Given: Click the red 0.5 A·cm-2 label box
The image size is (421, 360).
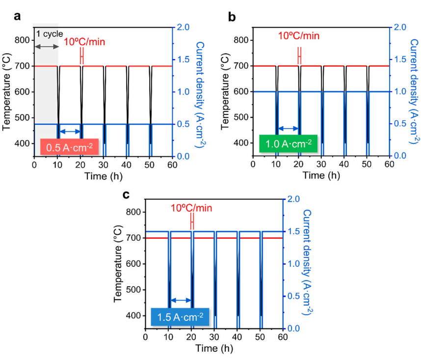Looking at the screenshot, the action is tap(70, 147).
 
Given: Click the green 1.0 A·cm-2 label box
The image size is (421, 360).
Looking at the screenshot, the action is tap(289, 143).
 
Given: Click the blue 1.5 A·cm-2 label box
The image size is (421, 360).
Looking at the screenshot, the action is tap(180, 317).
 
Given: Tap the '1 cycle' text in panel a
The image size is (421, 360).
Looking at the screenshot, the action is tap(50, 34).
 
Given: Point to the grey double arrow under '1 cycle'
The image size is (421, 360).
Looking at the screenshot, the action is tap(47, 47).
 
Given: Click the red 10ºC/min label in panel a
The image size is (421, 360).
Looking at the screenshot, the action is tap(84, 42).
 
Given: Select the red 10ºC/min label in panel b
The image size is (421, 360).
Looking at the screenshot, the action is tap(298, 36).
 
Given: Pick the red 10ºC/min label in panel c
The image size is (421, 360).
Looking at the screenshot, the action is tap(191, 208).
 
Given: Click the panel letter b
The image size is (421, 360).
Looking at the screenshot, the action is tap(232, 17).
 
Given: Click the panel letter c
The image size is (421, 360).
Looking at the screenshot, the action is tap(126, 194).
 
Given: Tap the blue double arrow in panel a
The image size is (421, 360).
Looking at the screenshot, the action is tap(70, 131).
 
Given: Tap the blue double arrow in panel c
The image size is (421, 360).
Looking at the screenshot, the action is tap(181, 300).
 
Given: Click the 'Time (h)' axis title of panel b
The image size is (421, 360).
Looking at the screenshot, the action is tap(321, 175).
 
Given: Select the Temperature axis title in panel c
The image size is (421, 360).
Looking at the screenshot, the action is tap(118, 264).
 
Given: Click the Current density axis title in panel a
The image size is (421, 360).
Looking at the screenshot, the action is tap(200, 94).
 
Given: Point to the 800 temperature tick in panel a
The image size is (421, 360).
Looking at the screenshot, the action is tap(22, 40).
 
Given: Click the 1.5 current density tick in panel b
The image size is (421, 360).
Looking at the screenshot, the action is tap(400, 59).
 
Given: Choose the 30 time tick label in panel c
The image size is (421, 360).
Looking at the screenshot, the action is tap(214, 336).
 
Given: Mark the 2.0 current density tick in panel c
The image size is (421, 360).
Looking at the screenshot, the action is tap(293, 199).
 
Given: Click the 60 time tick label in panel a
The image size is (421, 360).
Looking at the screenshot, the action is tap(172, 165).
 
